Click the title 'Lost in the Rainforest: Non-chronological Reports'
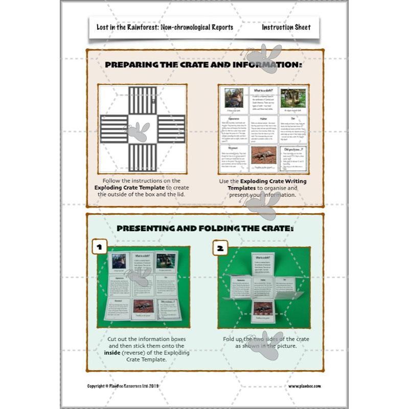(165, 28)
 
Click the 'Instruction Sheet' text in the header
(286, 28)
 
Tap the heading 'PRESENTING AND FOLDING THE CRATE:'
(204, 229)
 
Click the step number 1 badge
(100, 248)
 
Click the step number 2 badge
(220, 248)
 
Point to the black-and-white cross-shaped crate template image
(142, 128)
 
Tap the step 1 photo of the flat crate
(143, 287)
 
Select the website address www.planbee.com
(304, 386)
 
